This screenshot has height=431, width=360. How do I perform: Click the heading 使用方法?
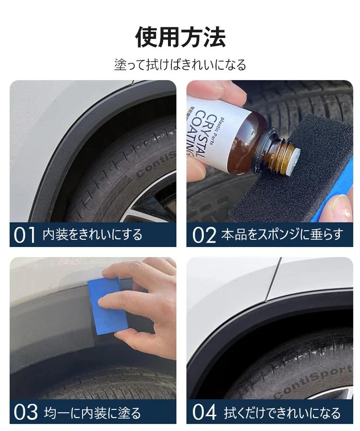180,37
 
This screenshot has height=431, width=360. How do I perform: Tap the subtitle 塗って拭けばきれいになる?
180,64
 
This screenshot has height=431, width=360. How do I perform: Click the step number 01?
24,235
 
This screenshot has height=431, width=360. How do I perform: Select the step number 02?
204,235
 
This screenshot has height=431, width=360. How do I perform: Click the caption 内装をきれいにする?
93,235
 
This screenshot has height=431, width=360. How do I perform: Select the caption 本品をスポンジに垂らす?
282,235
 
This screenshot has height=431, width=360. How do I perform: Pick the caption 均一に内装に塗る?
92,413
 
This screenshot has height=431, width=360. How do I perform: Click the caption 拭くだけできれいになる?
282,413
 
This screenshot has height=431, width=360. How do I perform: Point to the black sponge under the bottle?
291,176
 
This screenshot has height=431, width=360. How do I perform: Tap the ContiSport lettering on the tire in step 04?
313,382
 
